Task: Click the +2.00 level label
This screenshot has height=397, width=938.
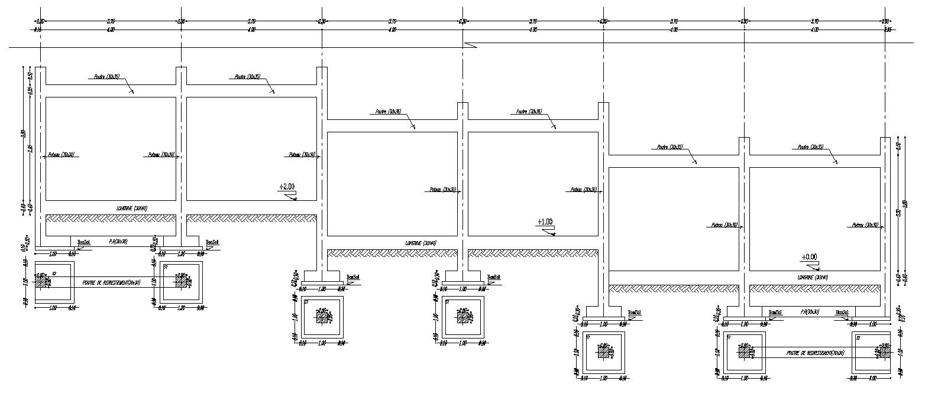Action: pos(287,187)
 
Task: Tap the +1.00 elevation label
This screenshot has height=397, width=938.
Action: pos(545,222)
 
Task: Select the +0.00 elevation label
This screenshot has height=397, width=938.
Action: pos(809,257)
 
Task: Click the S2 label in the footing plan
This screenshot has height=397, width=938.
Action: pos(54,274)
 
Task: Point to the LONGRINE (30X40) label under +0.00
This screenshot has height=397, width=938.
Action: pos(813,277)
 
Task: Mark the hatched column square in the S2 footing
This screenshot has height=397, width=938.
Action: pos(43,282)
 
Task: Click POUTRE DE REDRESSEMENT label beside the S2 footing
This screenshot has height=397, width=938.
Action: pos(112,282)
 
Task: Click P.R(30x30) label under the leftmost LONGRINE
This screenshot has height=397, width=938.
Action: pos(119,241)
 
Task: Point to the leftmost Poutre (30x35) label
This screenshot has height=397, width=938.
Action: pos(106,76)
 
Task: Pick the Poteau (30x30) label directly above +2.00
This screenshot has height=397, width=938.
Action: pos(302,155)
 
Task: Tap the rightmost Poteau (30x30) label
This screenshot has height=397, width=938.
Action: pos(865,225)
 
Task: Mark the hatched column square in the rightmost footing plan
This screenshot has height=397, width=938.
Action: pos(884,352)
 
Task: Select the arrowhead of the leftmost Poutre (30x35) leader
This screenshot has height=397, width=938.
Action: pos(133,93)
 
